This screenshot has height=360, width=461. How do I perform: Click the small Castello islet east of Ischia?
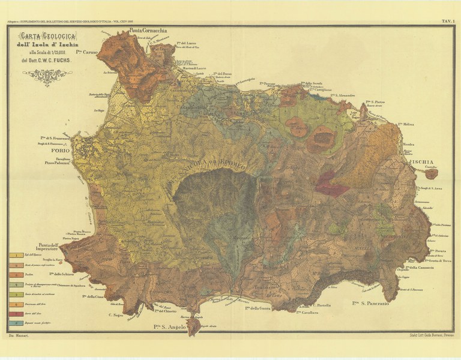pyautogui.click(x=430, y=174)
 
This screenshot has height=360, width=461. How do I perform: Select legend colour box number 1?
pyautogui.click(x=14, y=256)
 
